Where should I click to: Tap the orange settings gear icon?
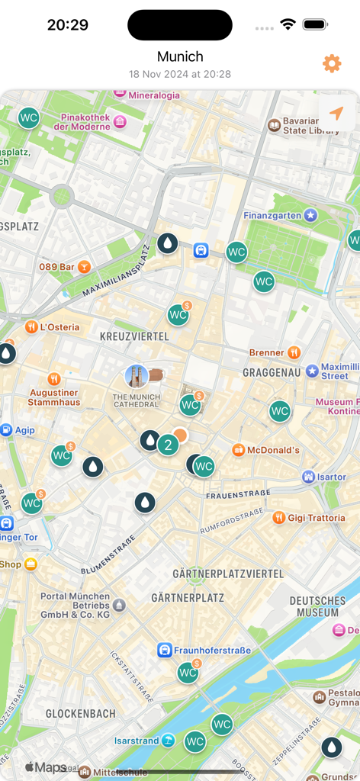click(x=332, y=63)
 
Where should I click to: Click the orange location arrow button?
click(x=336, y=114)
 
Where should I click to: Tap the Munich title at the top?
click(x=180, y=56)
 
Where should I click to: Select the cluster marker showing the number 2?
click(x=168, y=445)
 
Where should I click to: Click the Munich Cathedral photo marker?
click(x=137, y=376)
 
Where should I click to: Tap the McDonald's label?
click(x=272, y=450)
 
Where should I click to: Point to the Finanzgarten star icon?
click(x=310, y=216)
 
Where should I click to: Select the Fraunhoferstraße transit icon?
click(x=164, y=650)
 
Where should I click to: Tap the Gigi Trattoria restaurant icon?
click(x=278, y=517)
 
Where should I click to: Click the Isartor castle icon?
click(x=308, y=477)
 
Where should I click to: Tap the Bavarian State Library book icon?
click(x=274, y=125)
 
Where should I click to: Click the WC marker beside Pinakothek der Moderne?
click(x=29, y=117)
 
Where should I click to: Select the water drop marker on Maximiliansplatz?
click(x=167, y=243)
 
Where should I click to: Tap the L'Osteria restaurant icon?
click(x=31, y=326)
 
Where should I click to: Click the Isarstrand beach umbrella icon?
click(x=167, y=741)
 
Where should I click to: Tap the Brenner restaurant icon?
click(x=294, y=352)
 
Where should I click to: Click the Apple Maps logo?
click(x=45, y=767)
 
